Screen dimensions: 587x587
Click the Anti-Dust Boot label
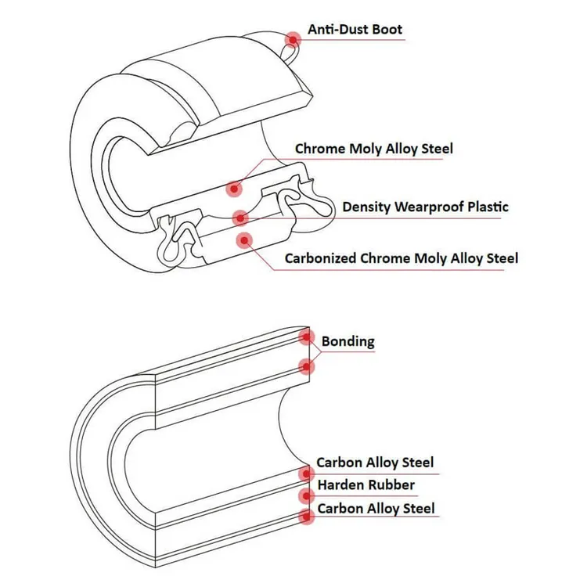(x=355, y=29)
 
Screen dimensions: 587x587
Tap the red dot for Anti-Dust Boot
(x=293, y=40)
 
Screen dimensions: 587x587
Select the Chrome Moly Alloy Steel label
(x=374, y=149)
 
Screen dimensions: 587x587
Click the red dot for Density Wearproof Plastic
(x=240, y=218)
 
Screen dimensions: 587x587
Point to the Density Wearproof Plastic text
(x=425, y=207)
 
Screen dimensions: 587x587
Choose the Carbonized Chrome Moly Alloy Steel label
(x=402, y=258)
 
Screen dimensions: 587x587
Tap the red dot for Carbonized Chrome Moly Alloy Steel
(x=244, y=240)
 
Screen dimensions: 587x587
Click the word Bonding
(x=348, y=341)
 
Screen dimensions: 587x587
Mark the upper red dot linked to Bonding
(x=307, y=337)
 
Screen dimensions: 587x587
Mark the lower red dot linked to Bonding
(x=307, y=366)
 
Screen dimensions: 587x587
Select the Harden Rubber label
(x=366, y=484)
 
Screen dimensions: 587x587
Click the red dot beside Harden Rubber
(x=307, y=496)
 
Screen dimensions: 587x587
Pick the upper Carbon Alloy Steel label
(x=375, y=463)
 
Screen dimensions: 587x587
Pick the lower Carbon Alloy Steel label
(x=376, y=509)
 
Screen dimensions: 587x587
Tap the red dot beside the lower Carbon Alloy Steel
(x=307, y=517)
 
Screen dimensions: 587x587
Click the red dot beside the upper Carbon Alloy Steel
(x=307, y=474)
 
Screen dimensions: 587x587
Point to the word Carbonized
(x=320, y=258)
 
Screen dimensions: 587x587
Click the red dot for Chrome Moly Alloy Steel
(x=234, y=189)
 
